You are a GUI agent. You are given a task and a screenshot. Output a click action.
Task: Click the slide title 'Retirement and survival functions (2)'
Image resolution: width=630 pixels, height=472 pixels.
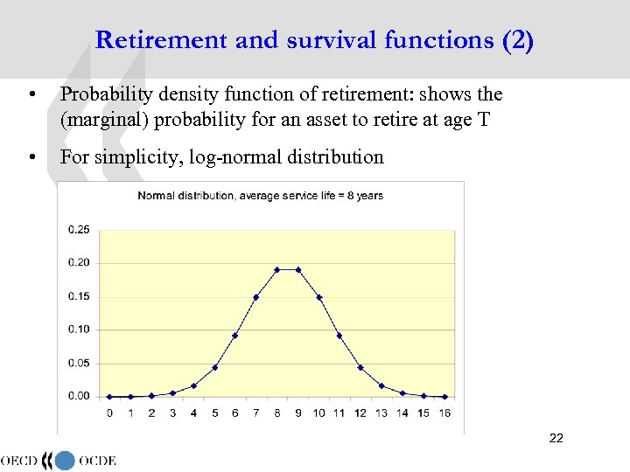coord(314,40)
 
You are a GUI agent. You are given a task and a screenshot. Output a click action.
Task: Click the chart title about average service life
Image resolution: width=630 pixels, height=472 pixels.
coord(261,196)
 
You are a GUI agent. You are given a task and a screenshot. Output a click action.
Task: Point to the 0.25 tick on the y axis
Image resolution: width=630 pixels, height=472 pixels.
coord(79,230)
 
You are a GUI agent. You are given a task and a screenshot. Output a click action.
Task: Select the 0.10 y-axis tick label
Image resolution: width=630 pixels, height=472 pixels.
coord(79,330)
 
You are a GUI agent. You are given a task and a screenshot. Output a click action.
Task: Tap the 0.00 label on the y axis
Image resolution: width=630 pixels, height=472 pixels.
coord(79,396)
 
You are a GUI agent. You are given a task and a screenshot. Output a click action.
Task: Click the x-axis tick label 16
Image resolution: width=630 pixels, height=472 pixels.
coord(444,413)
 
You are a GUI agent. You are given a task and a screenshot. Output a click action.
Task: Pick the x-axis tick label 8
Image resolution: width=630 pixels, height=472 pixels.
coord(277,413)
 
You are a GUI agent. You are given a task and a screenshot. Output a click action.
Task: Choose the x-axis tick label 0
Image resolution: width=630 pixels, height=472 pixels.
coord(109,413)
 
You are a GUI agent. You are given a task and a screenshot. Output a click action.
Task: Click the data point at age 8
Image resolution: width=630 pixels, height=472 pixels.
coord(277,269)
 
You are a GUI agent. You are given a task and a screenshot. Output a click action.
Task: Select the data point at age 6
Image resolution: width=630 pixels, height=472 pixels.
coord(235,336)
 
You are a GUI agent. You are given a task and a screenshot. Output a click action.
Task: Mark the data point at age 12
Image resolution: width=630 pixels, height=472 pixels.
coord(360,367)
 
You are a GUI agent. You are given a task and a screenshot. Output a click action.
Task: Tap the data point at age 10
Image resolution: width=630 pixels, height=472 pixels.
coord(319,297)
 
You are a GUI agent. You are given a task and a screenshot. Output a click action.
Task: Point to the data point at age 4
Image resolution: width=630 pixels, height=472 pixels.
coord(193,385)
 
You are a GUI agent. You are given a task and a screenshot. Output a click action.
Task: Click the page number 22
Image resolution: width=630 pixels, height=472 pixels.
coord(556,438)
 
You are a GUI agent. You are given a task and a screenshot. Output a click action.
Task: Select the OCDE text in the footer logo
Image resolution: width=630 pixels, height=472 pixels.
coord(97,461)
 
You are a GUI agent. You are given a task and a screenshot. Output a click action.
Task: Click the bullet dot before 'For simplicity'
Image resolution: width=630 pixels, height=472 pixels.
coord(31,158)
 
